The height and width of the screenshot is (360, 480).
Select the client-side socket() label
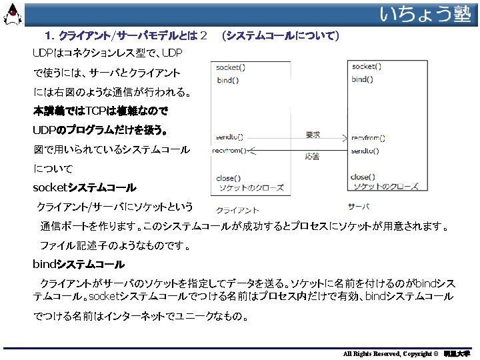(231, 67)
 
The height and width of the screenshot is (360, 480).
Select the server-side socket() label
(367, 67)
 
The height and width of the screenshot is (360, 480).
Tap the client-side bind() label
(229, 80)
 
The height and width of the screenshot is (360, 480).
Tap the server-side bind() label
(363, 79)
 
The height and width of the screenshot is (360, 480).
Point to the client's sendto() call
(229, 137)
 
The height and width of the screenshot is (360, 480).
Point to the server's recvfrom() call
(369, 138)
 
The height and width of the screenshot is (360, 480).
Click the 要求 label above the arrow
(313, 134)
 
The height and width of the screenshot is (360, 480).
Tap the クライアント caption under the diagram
(238, 209)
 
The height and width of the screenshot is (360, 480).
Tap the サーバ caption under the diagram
(359, 205)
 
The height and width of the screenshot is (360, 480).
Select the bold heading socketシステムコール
(84, 188)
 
